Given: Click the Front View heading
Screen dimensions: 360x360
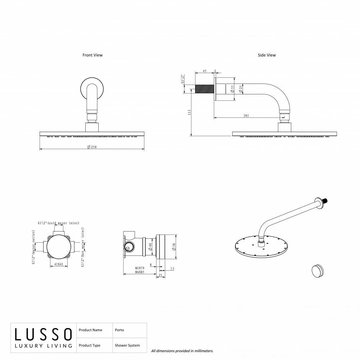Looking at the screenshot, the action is (x=93, y=55).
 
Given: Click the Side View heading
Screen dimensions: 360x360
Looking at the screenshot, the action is (x=266, y=55).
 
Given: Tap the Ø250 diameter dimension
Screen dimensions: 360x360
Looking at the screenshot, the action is (x=92, y=147).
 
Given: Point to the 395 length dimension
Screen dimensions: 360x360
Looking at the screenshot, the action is (x=246, y=116).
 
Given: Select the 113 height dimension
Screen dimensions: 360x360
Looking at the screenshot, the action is (x=189, y=112).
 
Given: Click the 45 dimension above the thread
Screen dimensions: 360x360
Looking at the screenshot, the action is (x=204, y=71).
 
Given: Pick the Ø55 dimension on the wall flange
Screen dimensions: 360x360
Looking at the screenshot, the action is (x=232, y=89).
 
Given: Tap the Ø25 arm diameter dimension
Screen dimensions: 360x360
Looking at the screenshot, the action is (x=240, y=89).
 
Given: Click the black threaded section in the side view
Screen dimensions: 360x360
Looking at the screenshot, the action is (x=204, y=89).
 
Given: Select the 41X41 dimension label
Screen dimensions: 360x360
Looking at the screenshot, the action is (x=59, y=264).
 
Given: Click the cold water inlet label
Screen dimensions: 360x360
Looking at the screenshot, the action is (x=59, y=223).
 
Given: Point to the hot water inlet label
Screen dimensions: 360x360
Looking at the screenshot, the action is (x=83, y=247).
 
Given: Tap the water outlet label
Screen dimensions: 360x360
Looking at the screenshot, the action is (x=33, y=247).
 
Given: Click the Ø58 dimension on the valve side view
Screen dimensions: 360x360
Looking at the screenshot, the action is (x=174, y=247).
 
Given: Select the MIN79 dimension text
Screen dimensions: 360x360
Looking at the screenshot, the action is (x=140, y=268).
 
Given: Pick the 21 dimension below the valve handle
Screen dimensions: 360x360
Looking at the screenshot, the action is (x=161, y=275).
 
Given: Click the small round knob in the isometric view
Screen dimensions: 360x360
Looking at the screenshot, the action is (x=318, y=271).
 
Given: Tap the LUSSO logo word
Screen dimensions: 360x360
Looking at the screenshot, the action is (x=44, y=334).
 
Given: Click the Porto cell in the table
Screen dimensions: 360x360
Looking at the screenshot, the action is (x=120, y=330).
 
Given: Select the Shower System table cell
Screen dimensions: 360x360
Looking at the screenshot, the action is (x=127, y=345).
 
